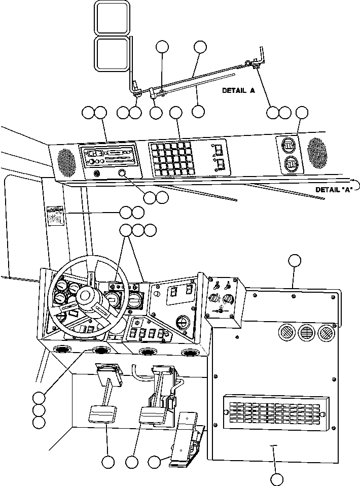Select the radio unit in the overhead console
click(x=107, y=157)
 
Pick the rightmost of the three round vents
click(x=325, y=333)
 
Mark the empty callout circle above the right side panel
click(x=294, y=261)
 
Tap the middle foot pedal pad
click(x=152, y=418)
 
